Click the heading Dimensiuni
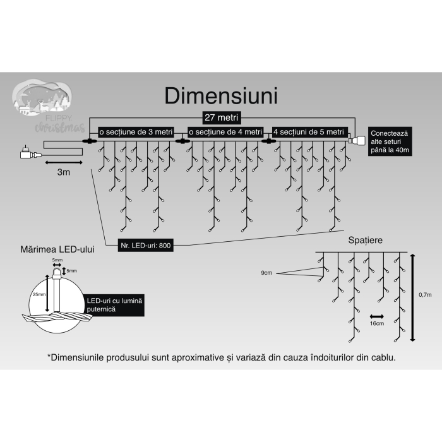221,96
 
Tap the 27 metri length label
220,118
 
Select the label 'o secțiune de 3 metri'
135,131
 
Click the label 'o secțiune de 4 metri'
225,131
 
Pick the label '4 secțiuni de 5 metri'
309,131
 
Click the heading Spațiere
364,241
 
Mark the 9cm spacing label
268,273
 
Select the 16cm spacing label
377,323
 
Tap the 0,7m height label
425,295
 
